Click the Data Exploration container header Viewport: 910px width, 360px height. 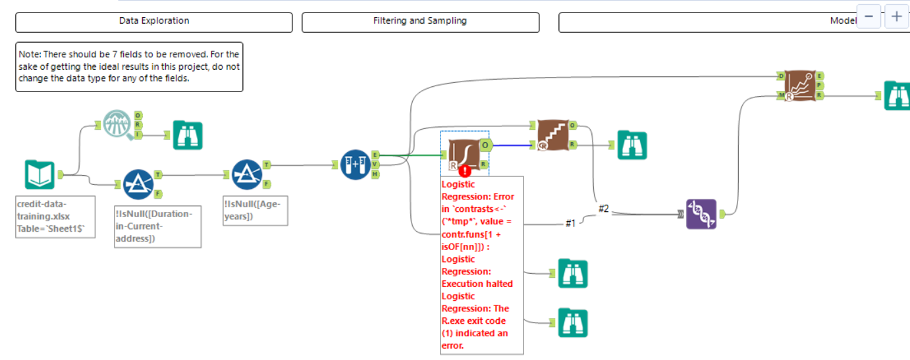153,22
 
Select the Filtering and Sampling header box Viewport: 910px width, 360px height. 420,22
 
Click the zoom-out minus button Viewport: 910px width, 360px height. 868,16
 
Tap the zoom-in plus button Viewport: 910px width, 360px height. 896,16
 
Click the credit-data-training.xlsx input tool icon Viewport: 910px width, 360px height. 40,175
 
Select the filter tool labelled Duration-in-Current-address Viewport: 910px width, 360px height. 138,184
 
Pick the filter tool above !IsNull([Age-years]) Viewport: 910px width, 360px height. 248,174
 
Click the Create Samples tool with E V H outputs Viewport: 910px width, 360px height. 356,165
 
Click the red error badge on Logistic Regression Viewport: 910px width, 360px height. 466,171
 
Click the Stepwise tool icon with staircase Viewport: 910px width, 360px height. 552,135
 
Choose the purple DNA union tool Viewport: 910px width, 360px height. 701,214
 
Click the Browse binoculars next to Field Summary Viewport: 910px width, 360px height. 187,136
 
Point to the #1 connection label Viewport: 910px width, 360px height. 570,224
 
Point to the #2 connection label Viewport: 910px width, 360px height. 604,209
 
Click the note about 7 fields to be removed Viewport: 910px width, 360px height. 129,66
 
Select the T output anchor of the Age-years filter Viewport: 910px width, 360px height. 267,165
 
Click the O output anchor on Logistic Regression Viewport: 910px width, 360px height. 485,145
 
